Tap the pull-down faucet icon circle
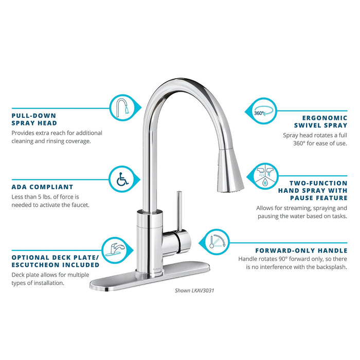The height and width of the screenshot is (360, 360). (x=122, y=107)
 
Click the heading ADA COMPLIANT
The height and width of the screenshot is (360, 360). (x=42, y=187)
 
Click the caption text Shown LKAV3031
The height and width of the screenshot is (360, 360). (x=194, y=291)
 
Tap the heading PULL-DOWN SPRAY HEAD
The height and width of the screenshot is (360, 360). (x=34, y=119)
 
